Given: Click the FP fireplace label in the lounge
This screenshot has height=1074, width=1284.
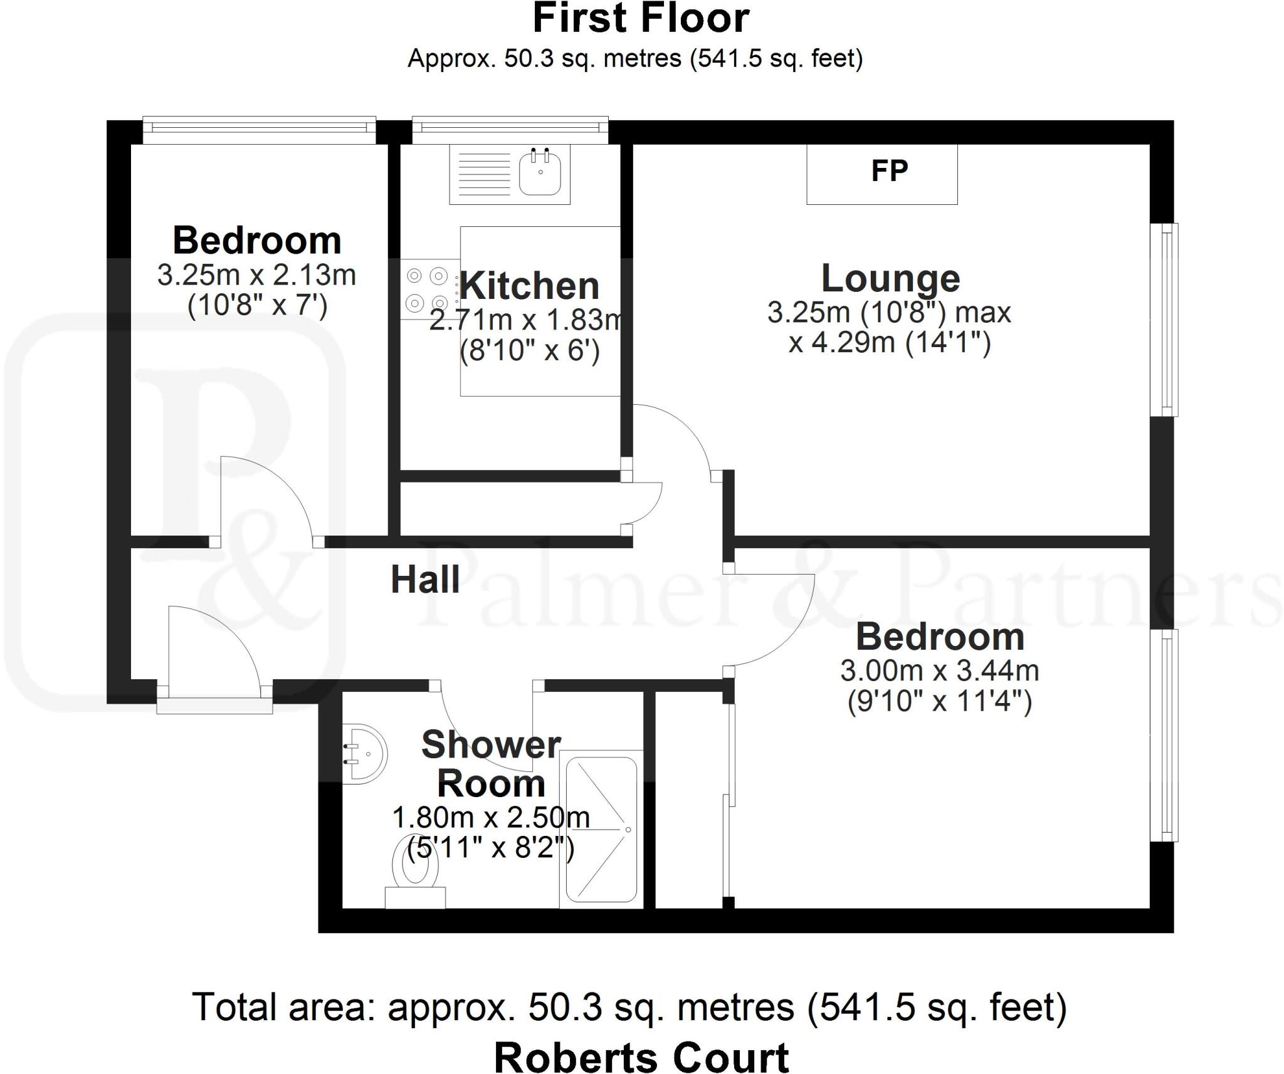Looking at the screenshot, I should click(x=889, y=172).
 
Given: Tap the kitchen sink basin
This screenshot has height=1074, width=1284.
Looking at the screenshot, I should click(x=540, y=172).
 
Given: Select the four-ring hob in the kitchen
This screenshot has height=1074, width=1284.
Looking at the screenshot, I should click(x=427, y=289).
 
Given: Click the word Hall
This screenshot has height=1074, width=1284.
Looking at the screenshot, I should click(x=425, y=579).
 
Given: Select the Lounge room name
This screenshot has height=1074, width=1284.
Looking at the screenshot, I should click(x=890, y=278).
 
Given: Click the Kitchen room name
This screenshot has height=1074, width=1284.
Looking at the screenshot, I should click(x=530, y=286).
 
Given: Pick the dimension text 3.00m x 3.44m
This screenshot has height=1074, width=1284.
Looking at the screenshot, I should click(x=939, y=671).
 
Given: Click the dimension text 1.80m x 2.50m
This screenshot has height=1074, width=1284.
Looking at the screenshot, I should click(x=491, y=817).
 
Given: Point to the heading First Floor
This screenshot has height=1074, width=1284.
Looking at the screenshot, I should click(x=641, y=19).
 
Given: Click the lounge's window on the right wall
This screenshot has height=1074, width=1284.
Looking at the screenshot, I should click(x=1165, y=320).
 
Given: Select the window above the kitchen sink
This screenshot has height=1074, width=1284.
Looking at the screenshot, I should click(x=510, y=128).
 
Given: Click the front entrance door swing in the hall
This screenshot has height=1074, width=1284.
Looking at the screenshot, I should click(x=213, y=652).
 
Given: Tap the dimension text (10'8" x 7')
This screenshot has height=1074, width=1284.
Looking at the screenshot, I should click(x=257, y=307).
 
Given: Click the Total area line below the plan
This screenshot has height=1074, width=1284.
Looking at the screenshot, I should click(x=629, y=1007).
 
